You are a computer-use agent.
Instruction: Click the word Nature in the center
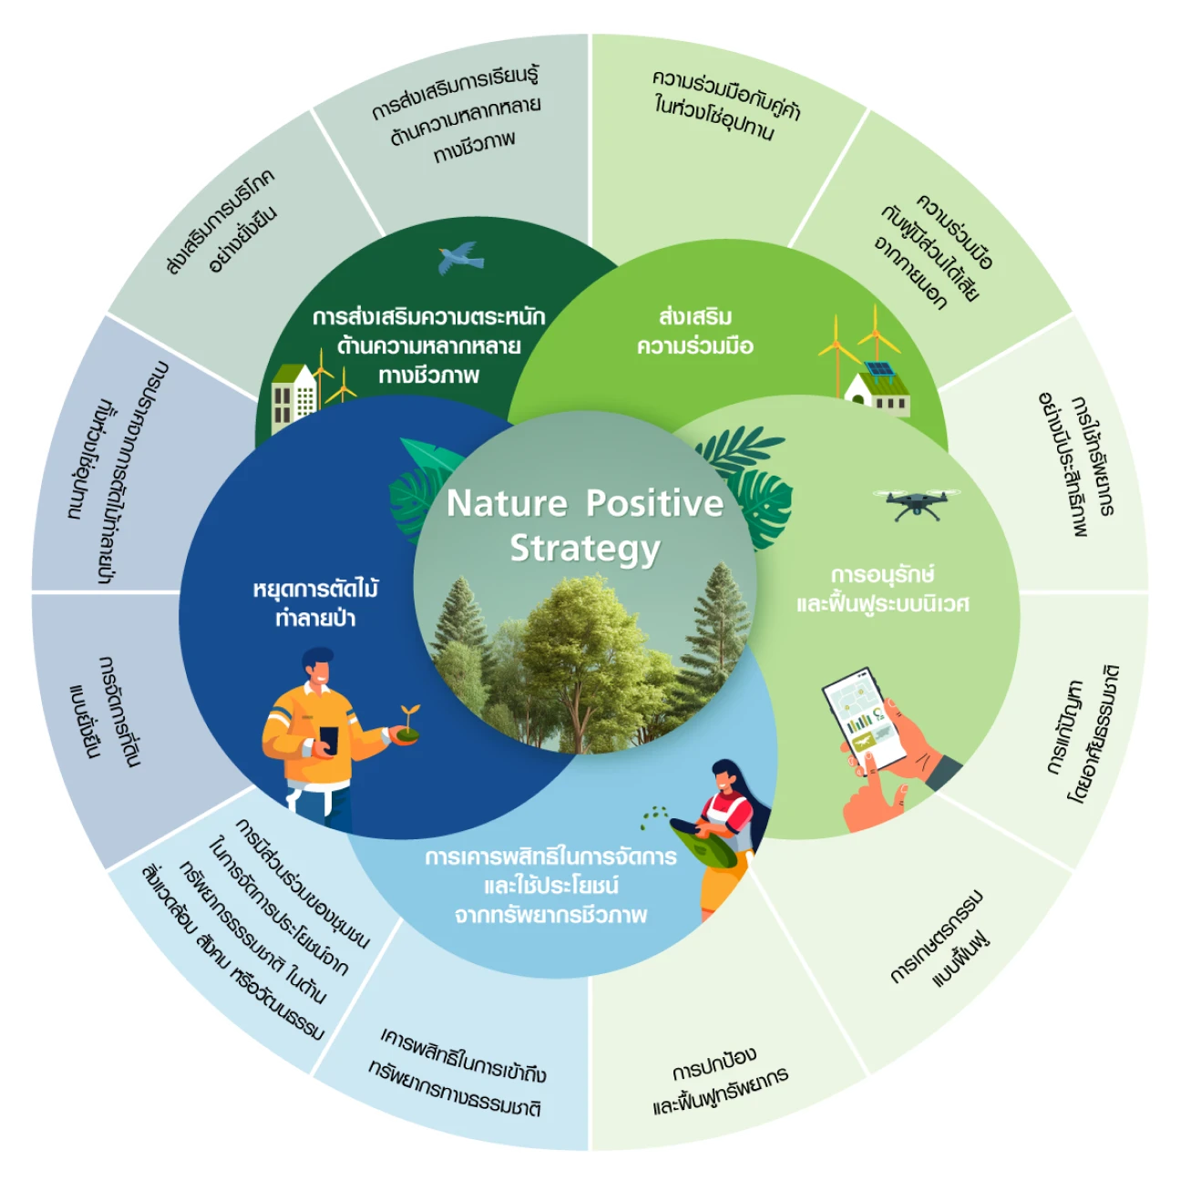click(x=507, y=504)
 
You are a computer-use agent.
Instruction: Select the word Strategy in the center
click(x=585, y=549)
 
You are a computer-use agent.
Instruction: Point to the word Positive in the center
click(x=654, y=504)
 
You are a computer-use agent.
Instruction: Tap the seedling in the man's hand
click(x=406, y=725)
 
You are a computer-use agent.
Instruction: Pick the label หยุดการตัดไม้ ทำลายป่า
click(x=315, y=603)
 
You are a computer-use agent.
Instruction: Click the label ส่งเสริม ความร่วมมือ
click(x=695, y=332)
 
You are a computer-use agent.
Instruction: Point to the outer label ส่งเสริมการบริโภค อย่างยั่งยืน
click(x=221, y=221)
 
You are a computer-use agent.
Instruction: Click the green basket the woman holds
click(x=703, y=843)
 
